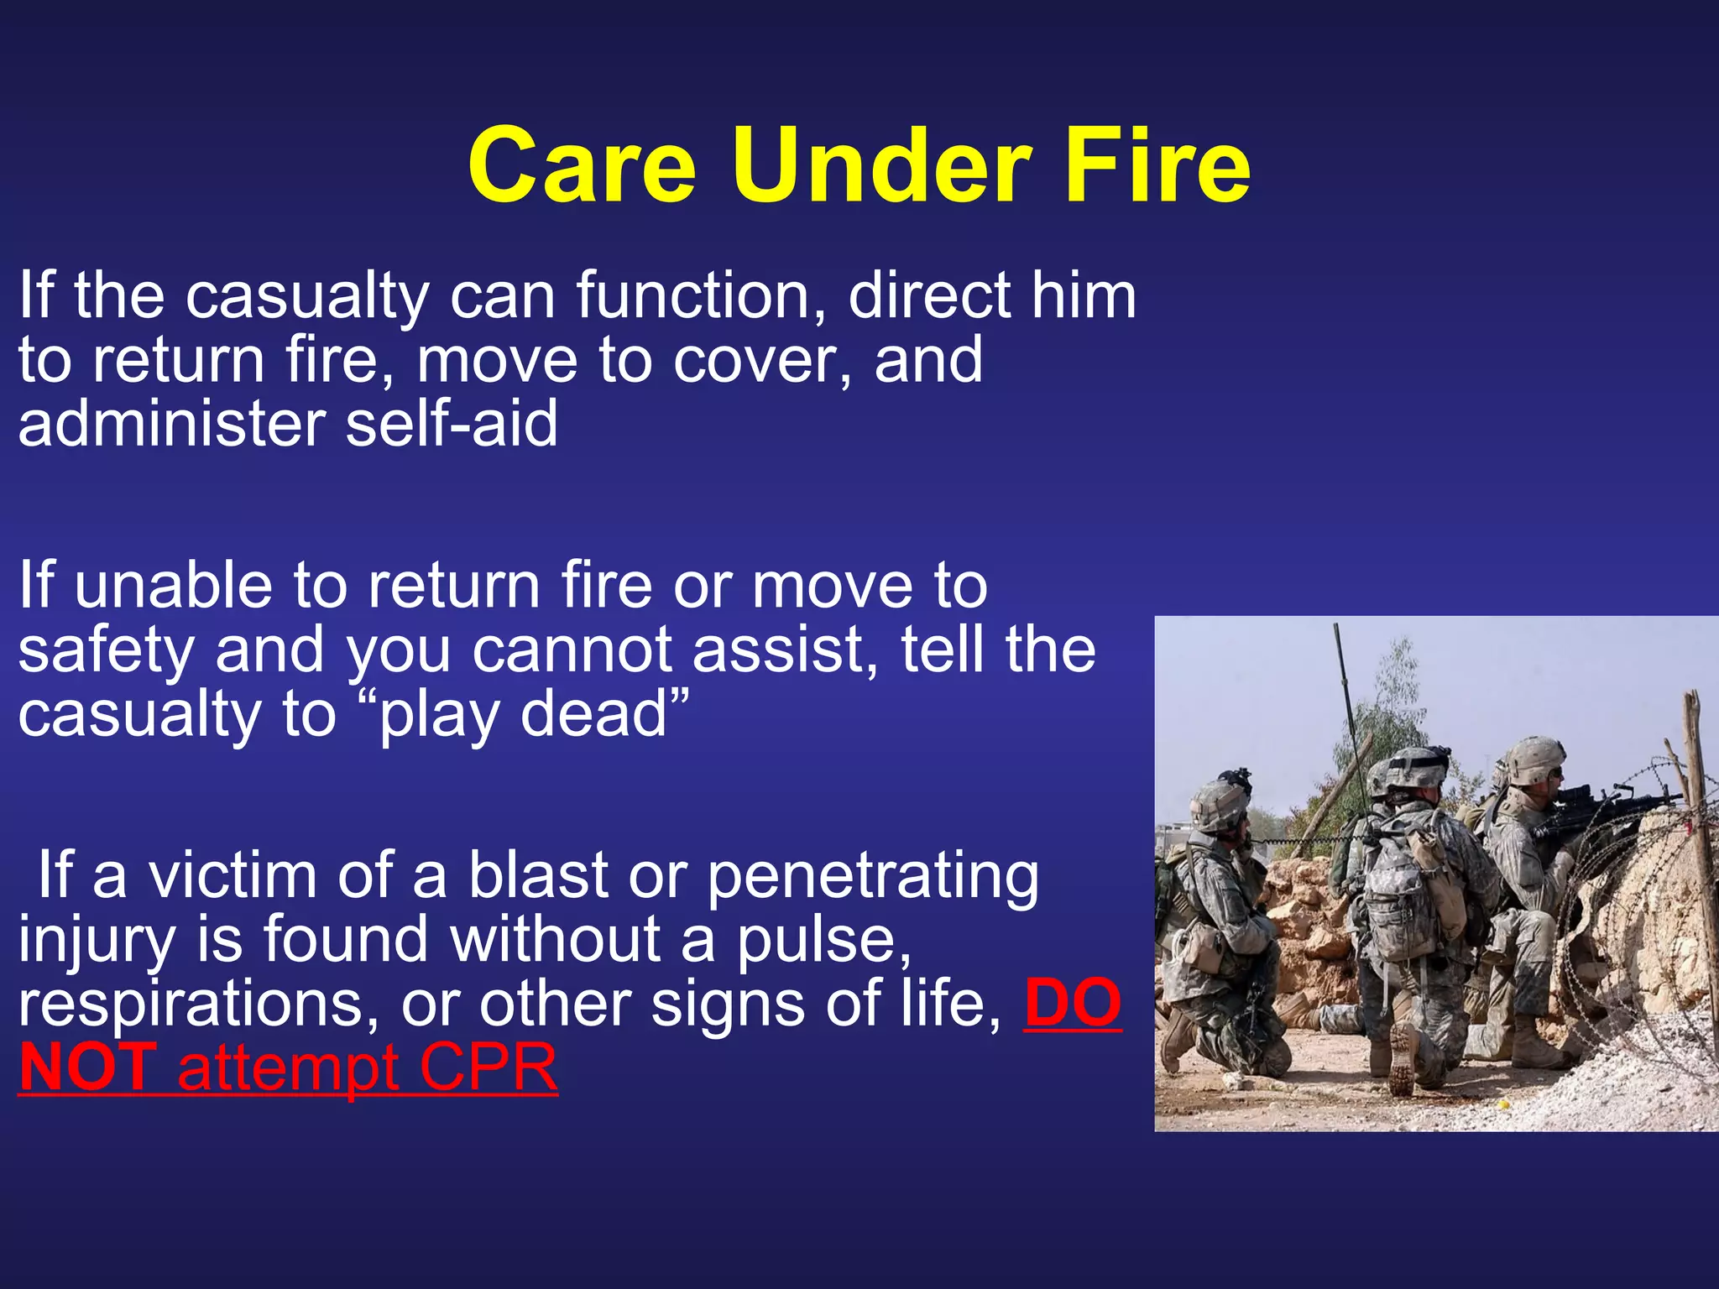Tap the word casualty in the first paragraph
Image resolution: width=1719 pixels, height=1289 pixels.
pos(307,296)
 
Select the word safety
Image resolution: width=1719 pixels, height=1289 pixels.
pos(106,651)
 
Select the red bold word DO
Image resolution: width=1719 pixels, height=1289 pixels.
pos(1072,1004)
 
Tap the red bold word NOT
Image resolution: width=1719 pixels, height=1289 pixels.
pos(87,1067)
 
